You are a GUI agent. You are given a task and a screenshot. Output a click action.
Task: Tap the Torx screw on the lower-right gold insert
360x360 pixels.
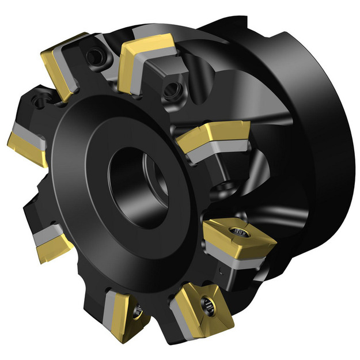(x=237, y=232)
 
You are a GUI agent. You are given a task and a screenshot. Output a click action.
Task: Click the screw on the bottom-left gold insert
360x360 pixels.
(x=136, y=313)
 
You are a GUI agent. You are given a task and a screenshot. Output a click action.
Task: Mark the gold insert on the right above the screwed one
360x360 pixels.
(x=213, y=137)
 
